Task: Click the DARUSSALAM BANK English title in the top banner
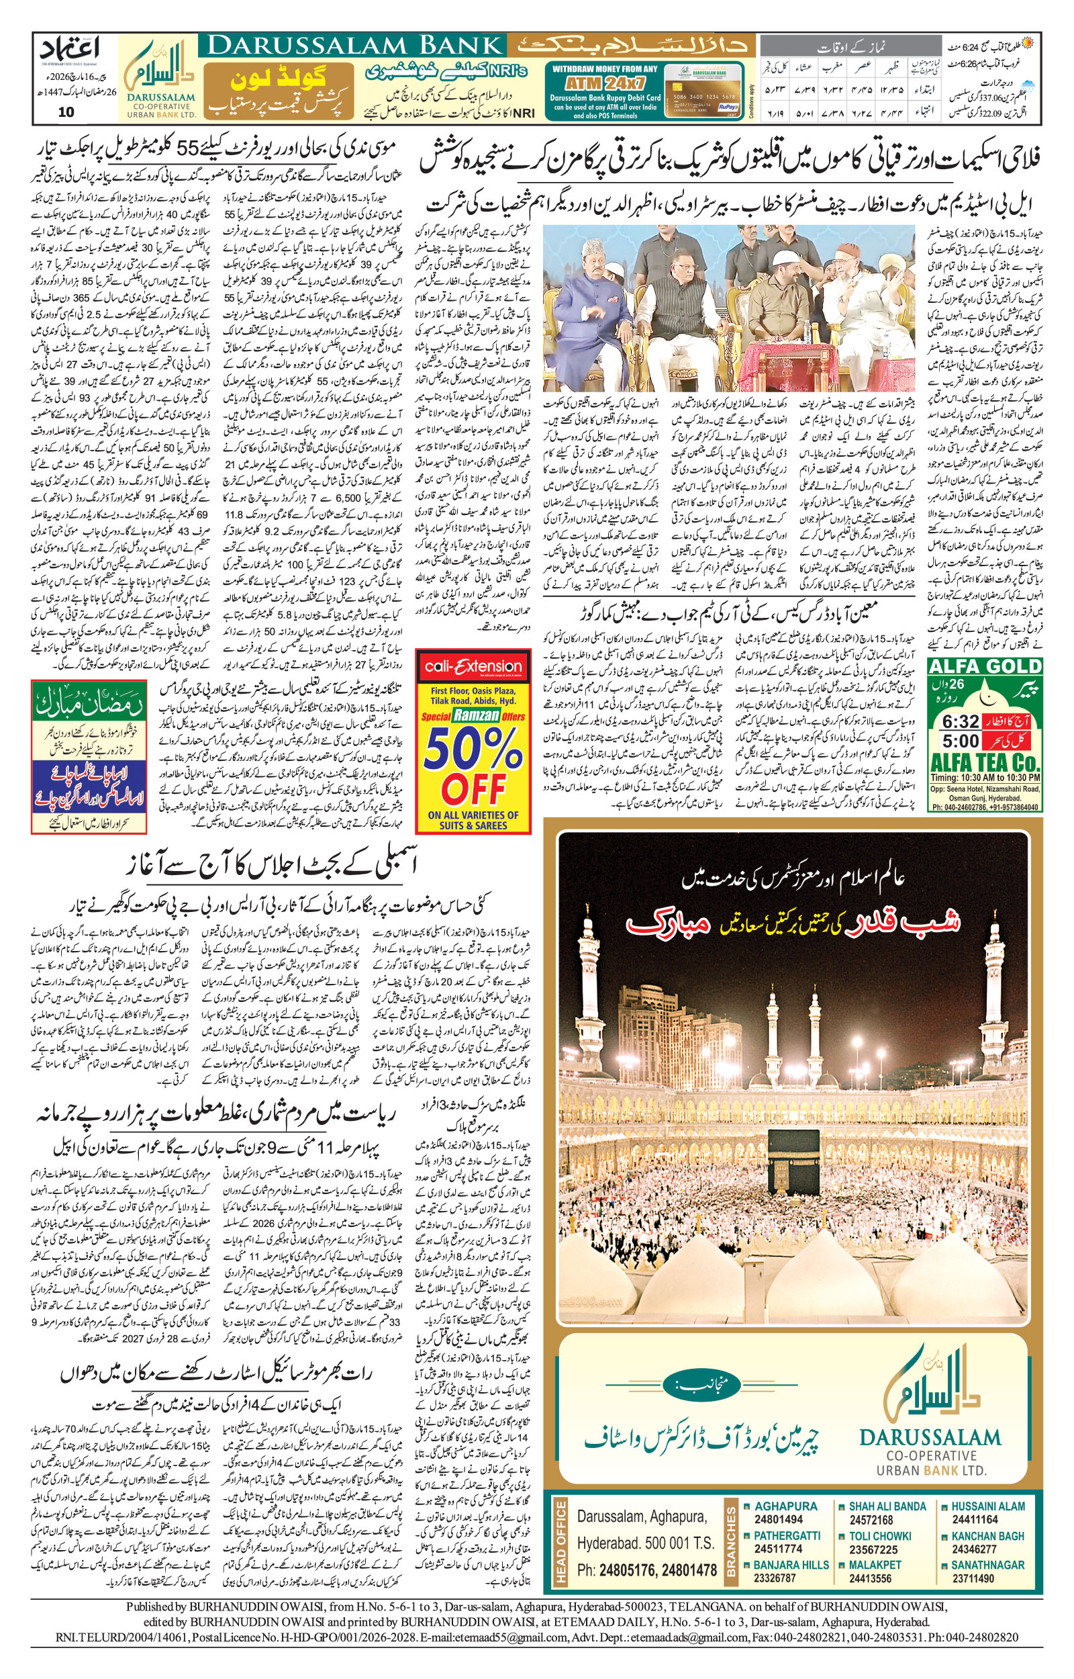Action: click(355, 46)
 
